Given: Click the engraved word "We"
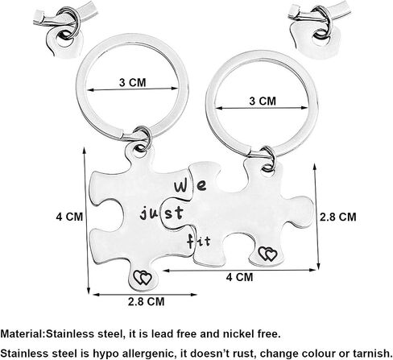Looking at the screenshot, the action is point(190,186).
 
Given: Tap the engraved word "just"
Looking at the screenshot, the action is point(162,213).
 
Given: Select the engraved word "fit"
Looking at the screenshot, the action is point(198,241).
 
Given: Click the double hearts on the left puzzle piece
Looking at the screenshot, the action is point(143,278).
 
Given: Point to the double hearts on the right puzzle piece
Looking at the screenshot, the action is point(267,254).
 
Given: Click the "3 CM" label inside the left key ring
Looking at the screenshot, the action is point(133,82).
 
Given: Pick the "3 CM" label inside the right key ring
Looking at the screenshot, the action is point(263,101).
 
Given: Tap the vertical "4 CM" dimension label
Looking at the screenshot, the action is point(69,217).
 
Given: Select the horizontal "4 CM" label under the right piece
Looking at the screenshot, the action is point(239,277).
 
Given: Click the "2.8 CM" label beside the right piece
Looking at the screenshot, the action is point(337,217).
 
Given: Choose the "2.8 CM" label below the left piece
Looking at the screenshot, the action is point(146,301).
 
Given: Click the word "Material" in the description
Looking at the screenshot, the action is point(22,334).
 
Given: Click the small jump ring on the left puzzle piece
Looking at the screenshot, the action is point(143,139).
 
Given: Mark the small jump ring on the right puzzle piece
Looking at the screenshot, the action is point(268,159).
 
